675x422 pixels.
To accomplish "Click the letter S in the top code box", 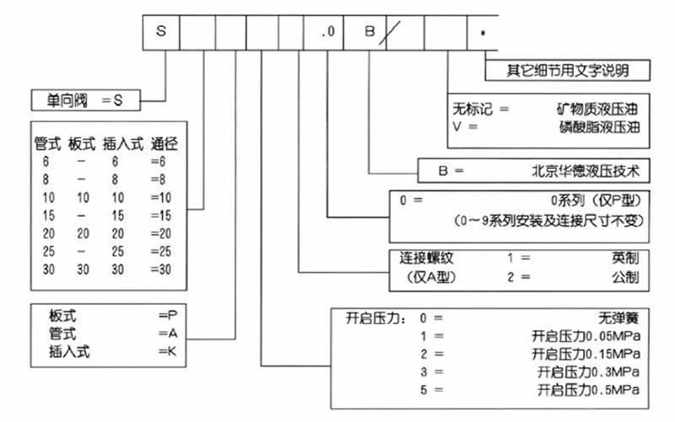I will click(161, 31).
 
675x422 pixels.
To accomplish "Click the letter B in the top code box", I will click(369, 31).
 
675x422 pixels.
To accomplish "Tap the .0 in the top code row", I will click(328, 32).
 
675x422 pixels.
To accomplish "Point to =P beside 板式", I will click(167, 315).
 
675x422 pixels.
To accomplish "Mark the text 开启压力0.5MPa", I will click(588, 388).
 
